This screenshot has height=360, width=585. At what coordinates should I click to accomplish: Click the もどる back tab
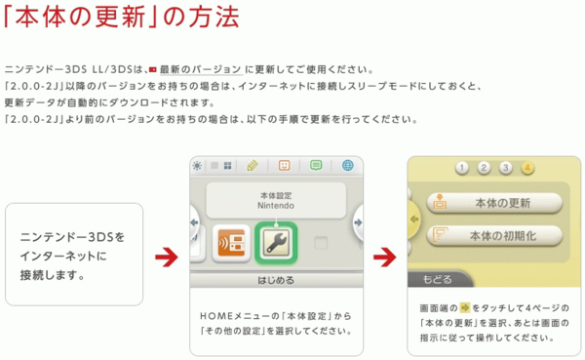pos(436,280)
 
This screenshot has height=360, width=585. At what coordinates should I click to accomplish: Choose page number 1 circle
pos(461,168)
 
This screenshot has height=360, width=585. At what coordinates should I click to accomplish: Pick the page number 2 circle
pos(483,168)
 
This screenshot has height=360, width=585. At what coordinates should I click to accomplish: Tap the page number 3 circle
pos(505,168)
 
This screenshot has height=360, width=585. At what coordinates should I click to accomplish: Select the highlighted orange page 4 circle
pos(527,168)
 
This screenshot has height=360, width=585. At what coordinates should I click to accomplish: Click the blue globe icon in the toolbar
pos(347,165)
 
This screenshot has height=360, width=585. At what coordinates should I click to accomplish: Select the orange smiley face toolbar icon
pos(284,165)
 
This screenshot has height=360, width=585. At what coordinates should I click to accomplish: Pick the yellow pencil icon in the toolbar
pos(252,165)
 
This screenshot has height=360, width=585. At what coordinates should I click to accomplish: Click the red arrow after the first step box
pos(166,256)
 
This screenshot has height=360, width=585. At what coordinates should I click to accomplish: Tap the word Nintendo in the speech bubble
pos(275,207)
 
